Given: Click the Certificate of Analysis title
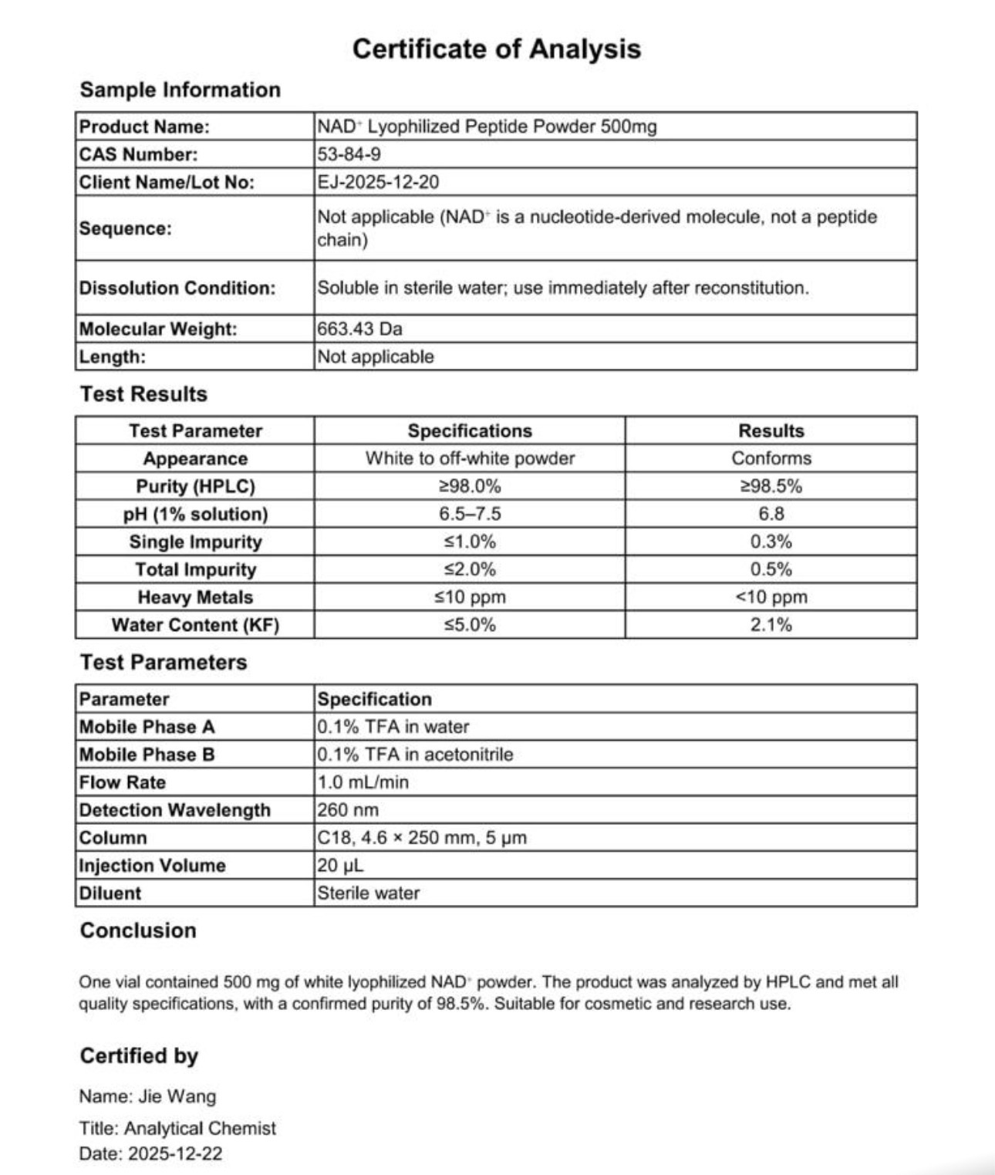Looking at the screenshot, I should pos(497,49).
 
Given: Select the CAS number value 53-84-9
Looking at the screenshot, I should pos(349,154).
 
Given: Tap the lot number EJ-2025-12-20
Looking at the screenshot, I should pos(378,182).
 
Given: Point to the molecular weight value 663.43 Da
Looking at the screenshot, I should pos(359,329).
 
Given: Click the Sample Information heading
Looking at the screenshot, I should pos(180,89).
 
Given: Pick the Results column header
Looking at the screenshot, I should pos(771,430).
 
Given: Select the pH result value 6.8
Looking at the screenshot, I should pos(771,514).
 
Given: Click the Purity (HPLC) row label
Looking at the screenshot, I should pos(195,486).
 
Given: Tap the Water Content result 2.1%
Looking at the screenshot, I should pos(771,625).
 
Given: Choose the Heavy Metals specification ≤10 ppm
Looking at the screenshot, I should pos(470,597).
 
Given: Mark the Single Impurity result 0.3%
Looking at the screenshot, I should pos(771,542).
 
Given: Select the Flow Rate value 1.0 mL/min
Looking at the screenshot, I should pos(363,782).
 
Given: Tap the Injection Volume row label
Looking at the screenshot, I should pos(153,866).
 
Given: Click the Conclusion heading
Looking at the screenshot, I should pos(138,930).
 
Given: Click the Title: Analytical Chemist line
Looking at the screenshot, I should pos(177,1129).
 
